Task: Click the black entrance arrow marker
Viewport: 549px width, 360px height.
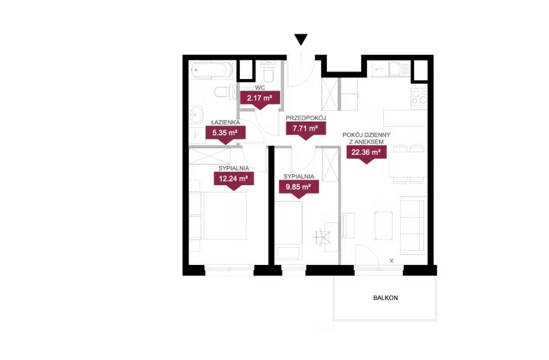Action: tap(301, 39)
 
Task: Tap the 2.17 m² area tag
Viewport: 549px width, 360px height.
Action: tap(259, 100)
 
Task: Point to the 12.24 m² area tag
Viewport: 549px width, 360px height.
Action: tap(233, 180)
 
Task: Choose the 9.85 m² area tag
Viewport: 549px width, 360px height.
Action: tap(299, 189)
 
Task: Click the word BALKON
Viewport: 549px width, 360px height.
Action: tap(385, 298)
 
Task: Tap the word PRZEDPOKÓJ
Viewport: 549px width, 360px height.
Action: tap(306, 118)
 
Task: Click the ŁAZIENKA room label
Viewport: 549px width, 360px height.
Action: tap(226, 122)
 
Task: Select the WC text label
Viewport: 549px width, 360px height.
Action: tap(260, 87)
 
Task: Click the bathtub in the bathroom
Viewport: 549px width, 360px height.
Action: tap(212, 70)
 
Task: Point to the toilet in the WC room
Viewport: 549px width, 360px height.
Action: tap(269, 72)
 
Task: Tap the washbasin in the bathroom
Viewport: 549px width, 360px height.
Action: tap(197, 114)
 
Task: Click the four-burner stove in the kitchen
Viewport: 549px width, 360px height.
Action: tap(419, 97)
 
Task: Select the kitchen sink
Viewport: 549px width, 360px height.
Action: tap(396, 69)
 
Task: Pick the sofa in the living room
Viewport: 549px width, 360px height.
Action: tap(412, 225)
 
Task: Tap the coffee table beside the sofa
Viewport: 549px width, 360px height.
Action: tap(384, 226)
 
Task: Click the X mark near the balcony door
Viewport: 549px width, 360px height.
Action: tap(391, 260)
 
